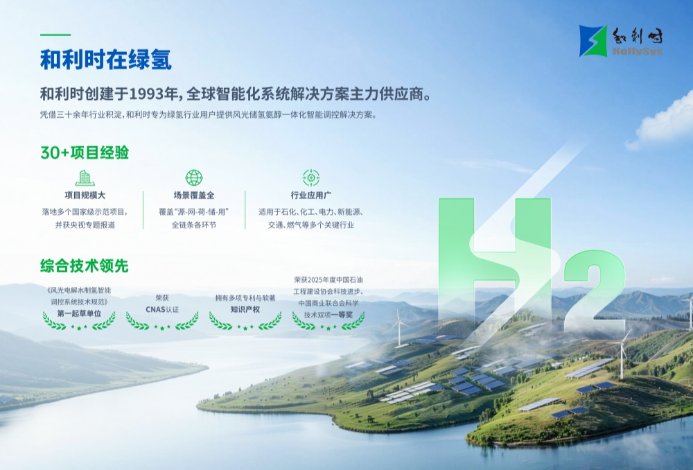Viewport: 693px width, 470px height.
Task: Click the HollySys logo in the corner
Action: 621,41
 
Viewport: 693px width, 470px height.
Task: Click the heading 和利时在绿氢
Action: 106,60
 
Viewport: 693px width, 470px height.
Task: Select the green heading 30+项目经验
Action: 85,153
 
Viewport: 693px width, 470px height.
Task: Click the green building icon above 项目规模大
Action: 85,177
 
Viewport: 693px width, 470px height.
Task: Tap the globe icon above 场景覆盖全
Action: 194,177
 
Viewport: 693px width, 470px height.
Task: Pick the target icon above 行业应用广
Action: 311,177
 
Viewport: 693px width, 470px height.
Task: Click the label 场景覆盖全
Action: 194,195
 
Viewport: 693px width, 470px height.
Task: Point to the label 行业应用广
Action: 311,195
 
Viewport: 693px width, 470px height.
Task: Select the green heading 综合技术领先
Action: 85,266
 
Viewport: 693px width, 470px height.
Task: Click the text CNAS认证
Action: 162,309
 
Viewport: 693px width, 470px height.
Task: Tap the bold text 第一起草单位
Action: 79,313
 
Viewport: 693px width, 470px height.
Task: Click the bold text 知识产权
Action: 245,309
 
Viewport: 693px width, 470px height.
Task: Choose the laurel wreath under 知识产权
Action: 245,322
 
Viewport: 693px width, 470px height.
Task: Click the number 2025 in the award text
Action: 316,280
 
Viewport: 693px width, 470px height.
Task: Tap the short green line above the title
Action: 55,35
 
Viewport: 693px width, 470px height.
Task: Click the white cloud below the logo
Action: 663,119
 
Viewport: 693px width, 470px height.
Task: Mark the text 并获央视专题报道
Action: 85,225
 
